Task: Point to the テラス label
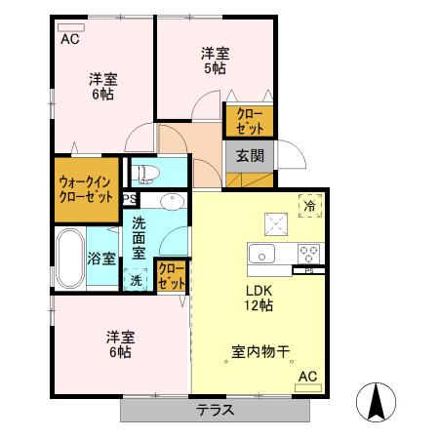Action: coord(214,409)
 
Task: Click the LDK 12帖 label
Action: coord(259,298)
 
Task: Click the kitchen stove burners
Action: coord(310,254)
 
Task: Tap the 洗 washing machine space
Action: coord(137,280)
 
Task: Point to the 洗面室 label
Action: coord(140,237)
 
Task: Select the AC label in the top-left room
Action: coord(70,40)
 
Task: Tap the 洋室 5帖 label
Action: coord(216,60)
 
